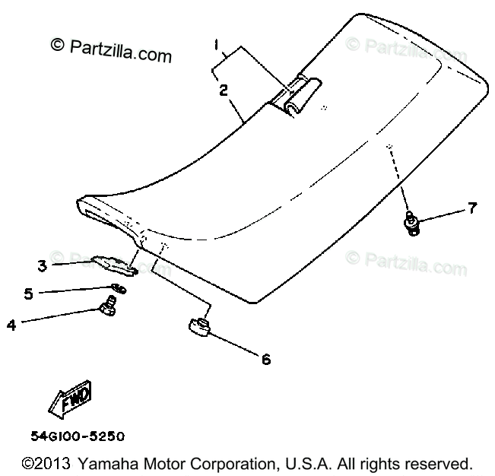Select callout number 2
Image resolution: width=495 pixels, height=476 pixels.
point(224,90)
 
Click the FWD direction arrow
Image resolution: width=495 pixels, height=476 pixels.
point(70,400)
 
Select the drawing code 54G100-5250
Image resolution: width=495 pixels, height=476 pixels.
point(78,437)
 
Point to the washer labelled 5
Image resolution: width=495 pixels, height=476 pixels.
point(118,287)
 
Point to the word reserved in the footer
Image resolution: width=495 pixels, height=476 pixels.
point(437,462)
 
